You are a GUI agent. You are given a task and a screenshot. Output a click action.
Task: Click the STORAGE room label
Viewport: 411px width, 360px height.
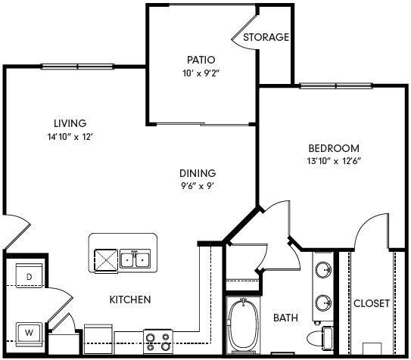266,37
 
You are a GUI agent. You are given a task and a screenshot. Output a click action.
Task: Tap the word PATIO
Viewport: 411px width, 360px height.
201,60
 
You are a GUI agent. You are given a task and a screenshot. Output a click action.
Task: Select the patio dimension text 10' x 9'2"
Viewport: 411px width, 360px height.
201,73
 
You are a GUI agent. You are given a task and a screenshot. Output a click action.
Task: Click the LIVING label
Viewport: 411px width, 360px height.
70,123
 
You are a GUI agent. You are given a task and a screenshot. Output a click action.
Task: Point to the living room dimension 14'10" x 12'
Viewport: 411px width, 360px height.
70,137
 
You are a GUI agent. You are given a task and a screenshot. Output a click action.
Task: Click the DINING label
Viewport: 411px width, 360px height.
198,172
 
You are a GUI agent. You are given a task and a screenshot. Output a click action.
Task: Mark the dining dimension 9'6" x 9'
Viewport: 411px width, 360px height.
198,186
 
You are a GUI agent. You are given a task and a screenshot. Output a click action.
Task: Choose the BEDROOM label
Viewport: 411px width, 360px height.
334,148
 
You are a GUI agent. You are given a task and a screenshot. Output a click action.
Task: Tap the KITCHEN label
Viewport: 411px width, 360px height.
130,299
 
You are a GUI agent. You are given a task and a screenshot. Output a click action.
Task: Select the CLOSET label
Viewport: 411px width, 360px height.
372,303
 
